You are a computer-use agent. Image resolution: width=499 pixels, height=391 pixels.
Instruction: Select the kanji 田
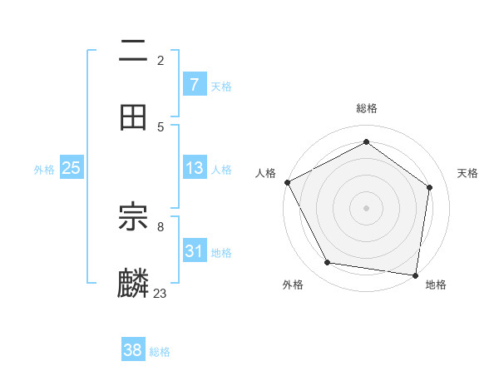coord(133,116)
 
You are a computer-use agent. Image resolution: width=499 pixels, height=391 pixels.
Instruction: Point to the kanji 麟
coord(133,283)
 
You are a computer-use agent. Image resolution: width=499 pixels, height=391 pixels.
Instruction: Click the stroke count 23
coord(161,293)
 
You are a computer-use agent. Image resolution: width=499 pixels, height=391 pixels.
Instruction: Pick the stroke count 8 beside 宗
coord(161,225)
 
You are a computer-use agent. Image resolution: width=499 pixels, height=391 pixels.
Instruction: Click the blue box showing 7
coord(194,84)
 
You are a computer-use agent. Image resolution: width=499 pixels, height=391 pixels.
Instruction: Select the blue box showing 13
coord(194,168)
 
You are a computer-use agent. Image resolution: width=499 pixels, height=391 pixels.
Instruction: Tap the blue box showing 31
coord(194,250)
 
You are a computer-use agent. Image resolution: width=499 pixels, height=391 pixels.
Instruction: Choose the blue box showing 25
coord(71,168)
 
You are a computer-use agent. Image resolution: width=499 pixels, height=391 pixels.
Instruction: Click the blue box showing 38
coord(132,350)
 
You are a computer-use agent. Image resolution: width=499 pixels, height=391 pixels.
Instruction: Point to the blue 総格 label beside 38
coord(160,352)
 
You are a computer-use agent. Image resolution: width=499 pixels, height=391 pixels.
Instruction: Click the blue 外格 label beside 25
coord(44,169)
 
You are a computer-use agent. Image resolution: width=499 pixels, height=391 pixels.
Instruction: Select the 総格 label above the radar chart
coord(367,108)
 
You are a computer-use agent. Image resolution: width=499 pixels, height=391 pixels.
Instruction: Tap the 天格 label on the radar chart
coord(468,173)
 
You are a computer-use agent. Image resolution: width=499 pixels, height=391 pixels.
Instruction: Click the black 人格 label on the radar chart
coord(266,173)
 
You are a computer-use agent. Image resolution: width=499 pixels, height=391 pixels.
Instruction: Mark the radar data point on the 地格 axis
coord(415,275)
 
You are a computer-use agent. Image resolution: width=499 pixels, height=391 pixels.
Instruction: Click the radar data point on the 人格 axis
coord(287,182)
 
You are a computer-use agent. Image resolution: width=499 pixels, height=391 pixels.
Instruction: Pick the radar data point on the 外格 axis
coord(328,263)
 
